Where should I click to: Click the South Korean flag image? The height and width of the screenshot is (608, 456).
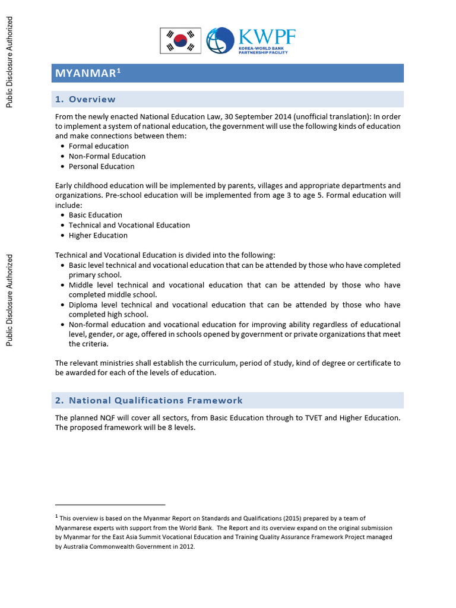180,40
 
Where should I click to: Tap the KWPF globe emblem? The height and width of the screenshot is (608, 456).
220,40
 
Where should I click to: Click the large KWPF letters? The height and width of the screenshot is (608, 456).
266,37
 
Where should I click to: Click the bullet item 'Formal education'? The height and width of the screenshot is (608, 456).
99,146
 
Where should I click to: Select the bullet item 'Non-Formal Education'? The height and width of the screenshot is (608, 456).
107,156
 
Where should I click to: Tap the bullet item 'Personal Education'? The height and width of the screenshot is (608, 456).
102,166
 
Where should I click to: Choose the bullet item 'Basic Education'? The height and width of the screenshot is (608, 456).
96,215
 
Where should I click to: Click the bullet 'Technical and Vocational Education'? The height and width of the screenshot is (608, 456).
129,225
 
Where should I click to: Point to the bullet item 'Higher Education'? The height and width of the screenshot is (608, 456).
98,235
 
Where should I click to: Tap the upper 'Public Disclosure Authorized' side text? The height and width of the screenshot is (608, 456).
9,62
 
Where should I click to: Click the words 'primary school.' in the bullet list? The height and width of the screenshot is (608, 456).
95,275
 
